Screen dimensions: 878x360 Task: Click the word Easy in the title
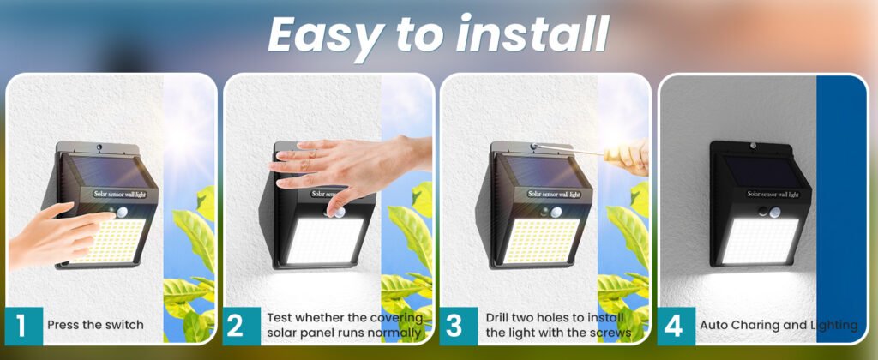tap(325, 35)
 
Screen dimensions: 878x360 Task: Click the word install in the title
tap(532, 33)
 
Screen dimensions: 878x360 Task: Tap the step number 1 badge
tap(23, 326)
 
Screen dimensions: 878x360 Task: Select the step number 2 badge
tap(241, 326)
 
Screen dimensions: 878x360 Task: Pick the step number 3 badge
tap(459, 326)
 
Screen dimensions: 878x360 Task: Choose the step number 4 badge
tap(676, 326)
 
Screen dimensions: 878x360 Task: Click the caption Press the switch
tap(95, 325)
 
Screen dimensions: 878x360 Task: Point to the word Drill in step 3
tap(499, 317)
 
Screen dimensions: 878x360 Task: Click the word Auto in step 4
tap(713, 325)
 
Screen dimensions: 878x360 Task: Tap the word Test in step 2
tap(280, 317)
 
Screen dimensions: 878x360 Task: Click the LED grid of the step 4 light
tap(761, 241)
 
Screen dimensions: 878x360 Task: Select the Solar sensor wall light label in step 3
tap(554, 195)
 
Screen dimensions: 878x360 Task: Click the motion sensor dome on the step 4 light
tap(774, 213)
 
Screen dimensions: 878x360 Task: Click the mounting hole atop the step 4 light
tap(754, 146)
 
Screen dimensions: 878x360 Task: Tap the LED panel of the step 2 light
tap(325, 241)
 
